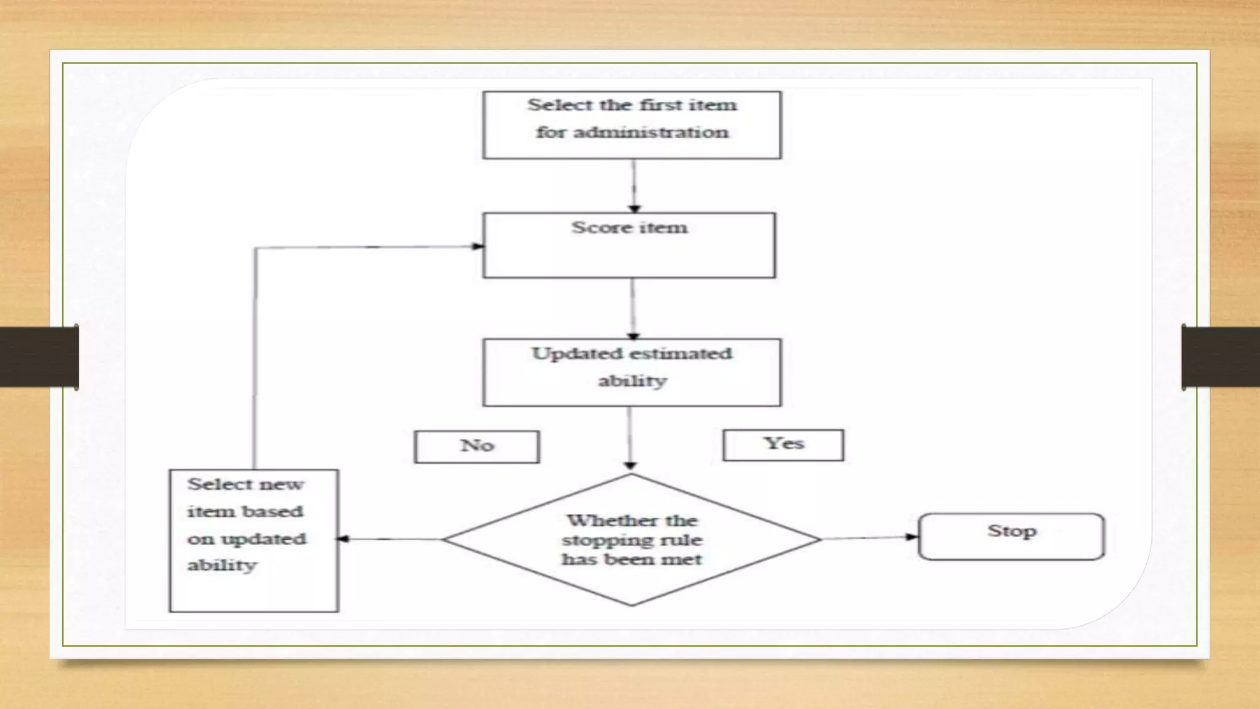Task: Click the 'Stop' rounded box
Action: click(1011, 536)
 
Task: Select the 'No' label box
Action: click(477, 446)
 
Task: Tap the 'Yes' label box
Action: click(783, 444)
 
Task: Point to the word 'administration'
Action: click(651, 132)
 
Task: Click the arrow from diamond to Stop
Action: click(869, 538)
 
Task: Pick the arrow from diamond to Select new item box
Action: click(389, 539)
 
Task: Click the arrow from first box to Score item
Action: click(634, 185)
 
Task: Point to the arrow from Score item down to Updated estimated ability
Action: click(633, 308)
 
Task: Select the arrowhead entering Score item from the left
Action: click(477, 246)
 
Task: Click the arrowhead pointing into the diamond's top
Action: click(630, 465)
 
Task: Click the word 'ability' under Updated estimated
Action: click(632, 381)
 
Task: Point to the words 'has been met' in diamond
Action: click(631, 559)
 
